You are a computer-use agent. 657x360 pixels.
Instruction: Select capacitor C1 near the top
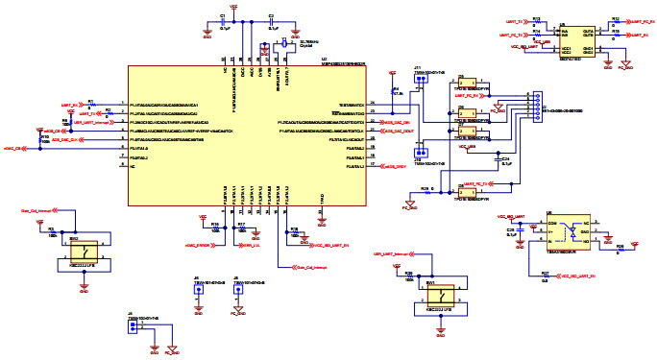pos(224,23)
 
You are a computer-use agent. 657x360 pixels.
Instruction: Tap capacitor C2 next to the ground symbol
pos(272,23)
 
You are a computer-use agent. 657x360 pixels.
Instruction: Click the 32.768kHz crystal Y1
pos(285,44)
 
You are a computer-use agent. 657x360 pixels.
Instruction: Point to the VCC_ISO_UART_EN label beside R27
pos(577,276)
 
